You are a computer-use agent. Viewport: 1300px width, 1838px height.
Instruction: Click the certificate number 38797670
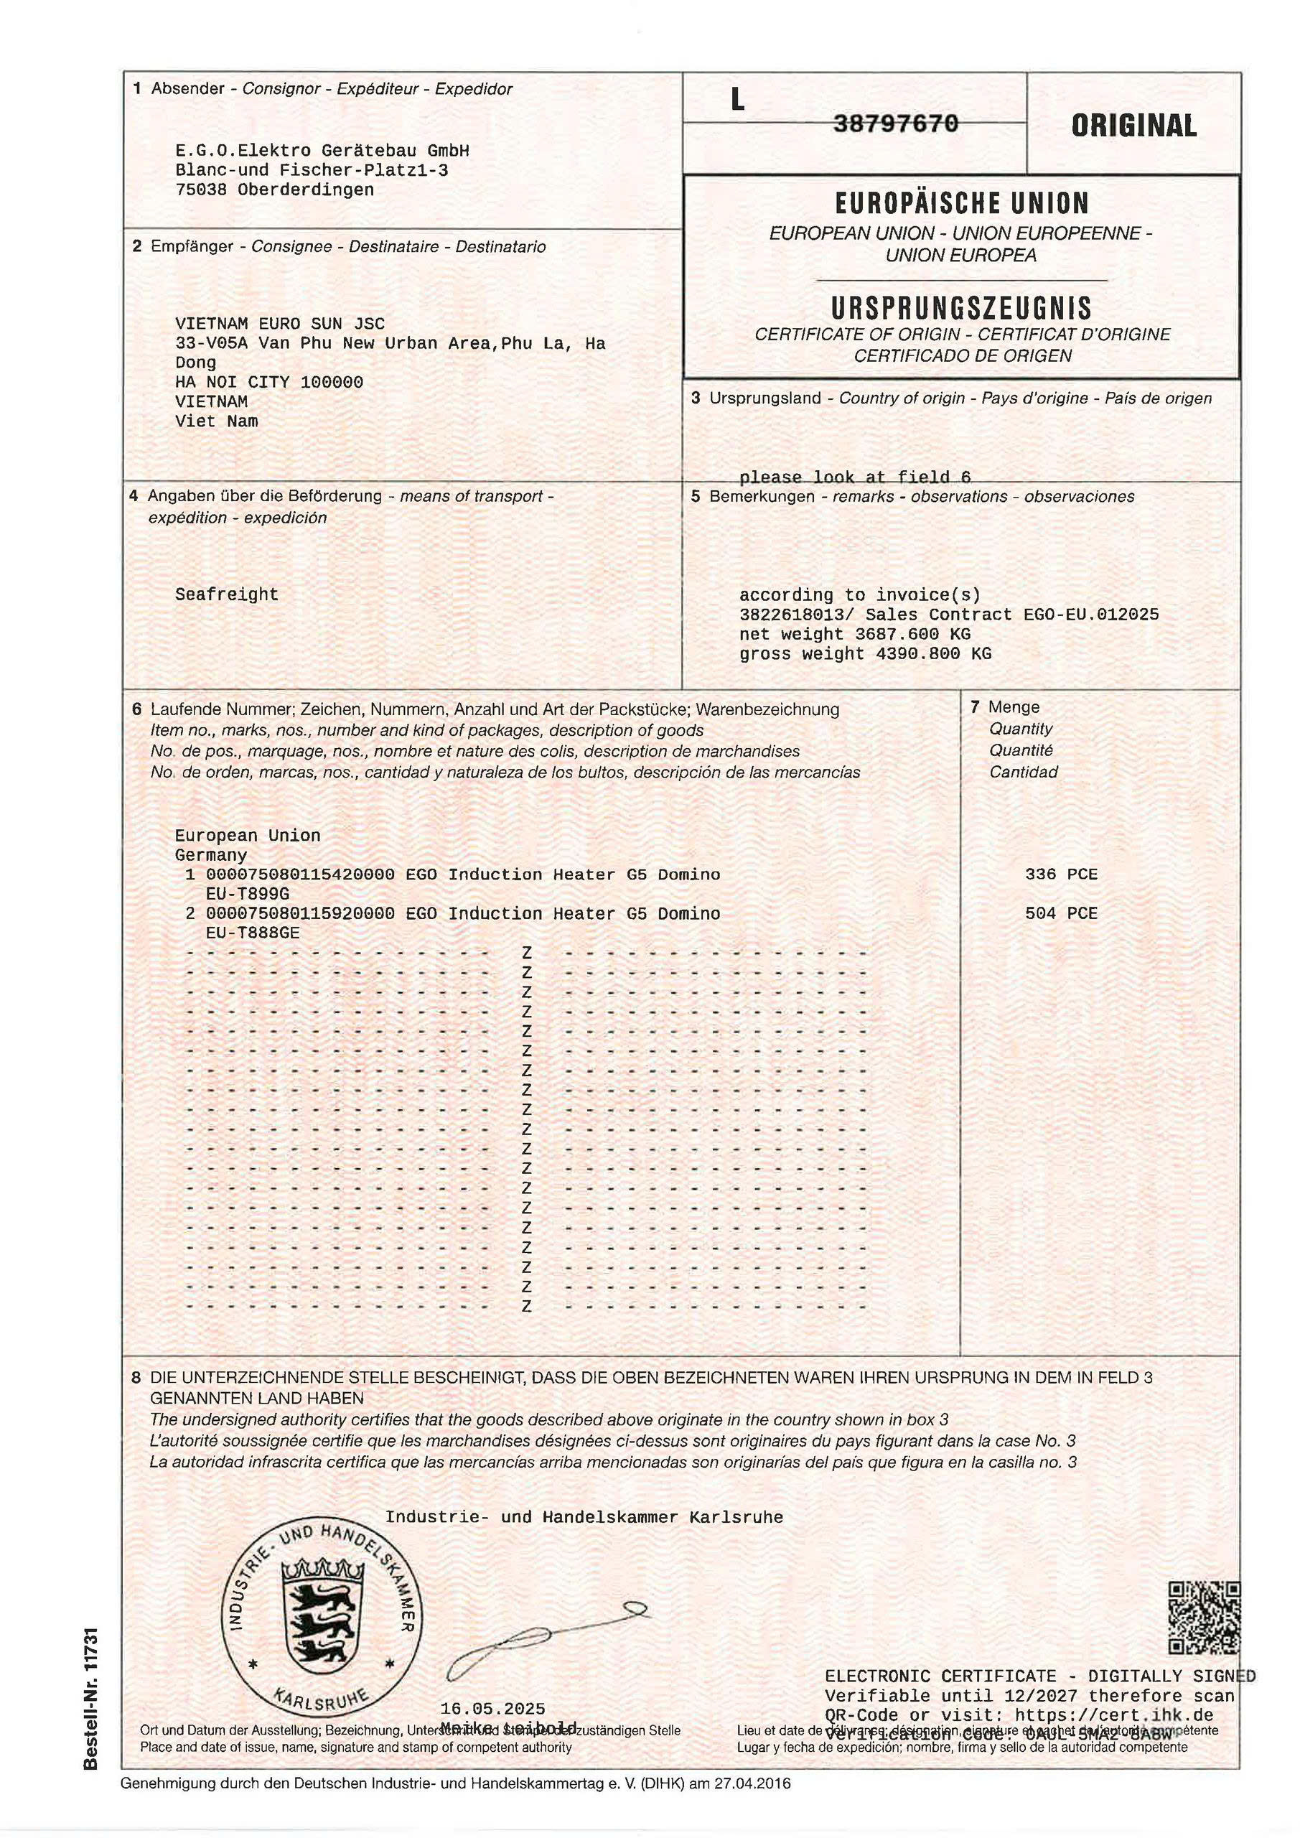tap(896, 123)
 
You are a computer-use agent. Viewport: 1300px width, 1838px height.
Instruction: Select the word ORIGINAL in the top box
tap(1133, 126)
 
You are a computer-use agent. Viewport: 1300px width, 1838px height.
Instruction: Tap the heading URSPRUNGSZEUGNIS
tap(960, 308)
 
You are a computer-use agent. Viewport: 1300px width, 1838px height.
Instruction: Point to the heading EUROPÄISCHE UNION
tap(961, 203)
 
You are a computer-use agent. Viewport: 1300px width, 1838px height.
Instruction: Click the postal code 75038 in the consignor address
tap(201, 190)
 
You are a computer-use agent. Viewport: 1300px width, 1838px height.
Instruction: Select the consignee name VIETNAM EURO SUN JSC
tap(279, 323)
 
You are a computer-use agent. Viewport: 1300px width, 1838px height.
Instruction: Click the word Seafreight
tap(227, 594)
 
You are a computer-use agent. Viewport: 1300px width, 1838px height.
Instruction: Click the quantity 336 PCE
tap(1061, 874)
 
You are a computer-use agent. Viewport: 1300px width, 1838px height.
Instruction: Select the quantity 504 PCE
tap(1061, 913)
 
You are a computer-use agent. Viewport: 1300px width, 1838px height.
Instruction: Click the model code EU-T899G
tap(248, 893)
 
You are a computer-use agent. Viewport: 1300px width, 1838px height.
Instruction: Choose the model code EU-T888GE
tap(252, 933)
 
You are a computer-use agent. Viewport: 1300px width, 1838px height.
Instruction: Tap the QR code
tap(1204, 1618)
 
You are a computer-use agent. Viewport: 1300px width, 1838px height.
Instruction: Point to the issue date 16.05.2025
tap(492, 1709)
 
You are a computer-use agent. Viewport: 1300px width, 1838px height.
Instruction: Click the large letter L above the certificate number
tap(737, 99)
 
